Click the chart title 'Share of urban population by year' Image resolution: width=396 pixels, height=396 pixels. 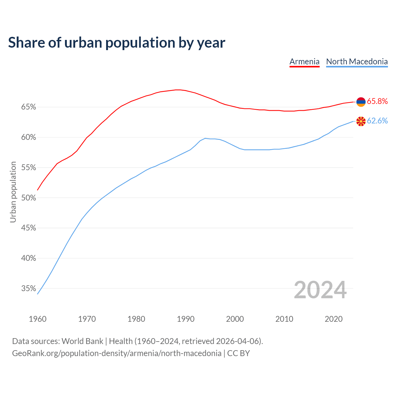pos(117,43)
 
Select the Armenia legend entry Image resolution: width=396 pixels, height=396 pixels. pos(304,62)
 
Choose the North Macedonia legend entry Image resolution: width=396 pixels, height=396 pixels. pos(357,62)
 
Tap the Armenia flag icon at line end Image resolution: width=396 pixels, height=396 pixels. pos(361,101)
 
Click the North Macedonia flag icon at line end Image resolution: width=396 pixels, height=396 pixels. pos(361,121)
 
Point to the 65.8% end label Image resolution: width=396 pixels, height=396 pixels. pos(377,101)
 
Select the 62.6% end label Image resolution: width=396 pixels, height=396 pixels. pos(377,121)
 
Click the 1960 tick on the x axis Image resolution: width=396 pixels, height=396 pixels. pos(38,319)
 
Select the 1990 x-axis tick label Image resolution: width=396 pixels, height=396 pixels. pos(186,319)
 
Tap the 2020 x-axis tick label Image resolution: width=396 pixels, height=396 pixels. pos(334,319)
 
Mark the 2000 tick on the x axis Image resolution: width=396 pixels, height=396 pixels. pos(235,319)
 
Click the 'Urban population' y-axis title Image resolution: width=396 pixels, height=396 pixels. pos(13,192)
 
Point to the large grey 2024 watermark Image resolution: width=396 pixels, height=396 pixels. pos(320,290)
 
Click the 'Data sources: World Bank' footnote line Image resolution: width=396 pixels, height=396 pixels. pos(137,341)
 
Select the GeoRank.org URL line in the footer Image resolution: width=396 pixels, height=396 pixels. pos(117,353)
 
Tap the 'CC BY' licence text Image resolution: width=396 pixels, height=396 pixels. pos(239,353)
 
